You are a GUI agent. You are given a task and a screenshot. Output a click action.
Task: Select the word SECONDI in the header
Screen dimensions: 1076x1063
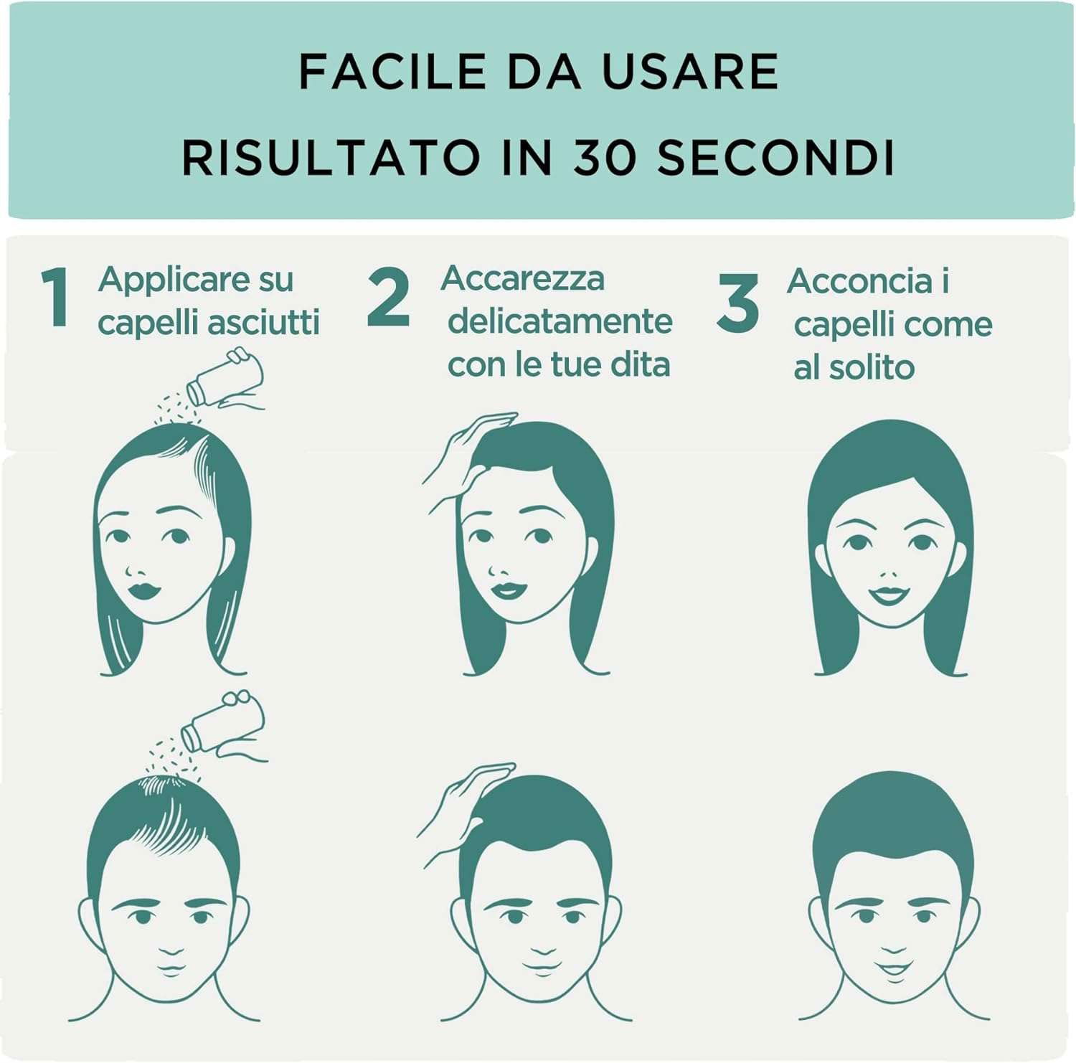pos(776,158)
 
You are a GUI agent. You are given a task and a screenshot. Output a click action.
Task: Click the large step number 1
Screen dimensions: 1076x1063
pos(55,297)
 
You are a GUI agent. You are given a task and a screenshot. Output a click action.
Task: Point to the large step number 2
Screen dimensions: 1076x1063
pos(388,297)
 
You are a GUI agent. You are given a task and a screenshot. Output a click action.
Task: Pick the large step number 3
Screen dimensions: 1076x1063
pos(737,303)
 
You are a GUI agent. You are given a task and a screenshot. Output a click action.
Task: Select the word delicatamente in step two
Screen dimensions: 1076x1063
pos(560,321)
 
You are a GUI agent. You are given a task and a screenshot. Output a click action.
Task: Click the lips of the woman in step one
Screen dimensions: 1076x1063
pos(145,590)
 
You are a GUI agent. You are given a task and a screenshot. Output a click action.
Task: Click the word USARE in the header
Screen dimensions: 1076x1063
pos(690,72)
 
